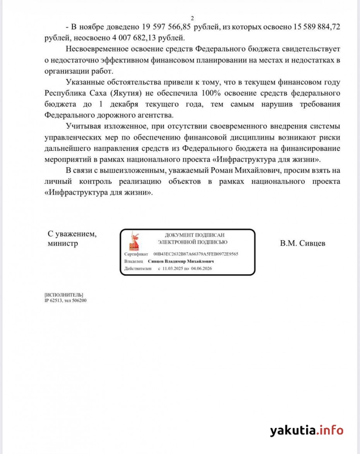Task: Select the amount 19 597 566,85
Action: tap(163, 27)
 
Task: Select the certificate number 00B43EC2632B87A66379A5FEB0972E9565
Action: tap(195, 254)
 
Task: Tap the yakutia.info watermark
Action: tap(307, 430)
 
